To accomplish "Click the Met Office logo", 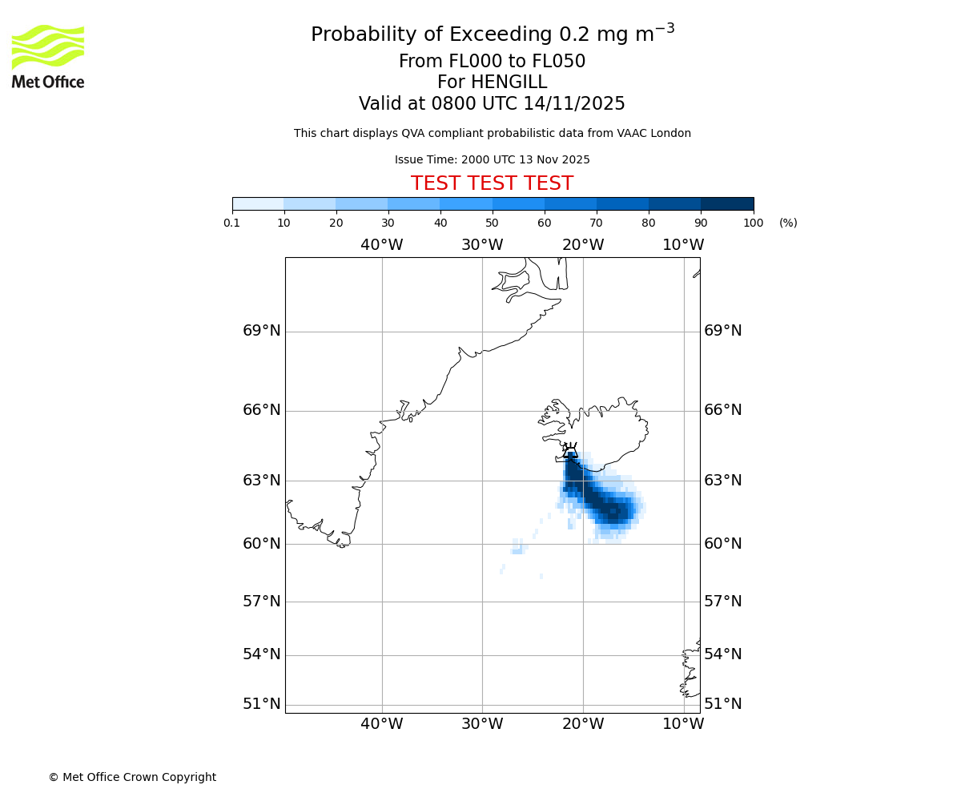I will click(x=48, y=56).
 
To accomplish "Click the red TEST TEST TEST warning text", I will click(x=492, y=184).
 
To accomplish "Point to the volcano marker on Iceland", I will click(x=570, y=451).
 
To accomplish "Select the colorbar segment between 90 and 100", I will click(x=727, y=203).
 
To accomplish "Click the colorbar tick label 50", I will click(x=492, y=223).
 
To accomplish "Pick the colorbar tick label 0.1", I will click(x=231, y=223).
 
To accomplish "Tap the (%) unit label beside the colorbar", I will click(x=788, y=223).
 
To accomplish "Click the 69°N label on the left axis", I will click(x=262, y=331).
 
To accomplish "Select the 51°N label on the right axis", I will click(x=722, y=704).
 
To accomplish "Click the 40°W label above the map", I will click(x=381, y=245).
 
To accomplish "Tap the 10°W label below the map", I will click(x=683, y=724).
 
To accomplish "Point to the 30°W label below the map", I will click(x=482, y=724).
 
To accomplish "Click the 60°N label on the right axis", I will click(x=722, y=544).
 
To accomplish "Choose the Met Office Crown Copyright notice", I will click(x=132, y=778).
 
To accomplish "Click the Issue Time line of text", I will click(x=492, y=160).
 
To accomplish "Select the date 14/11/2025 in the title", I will click(x=574, y=104).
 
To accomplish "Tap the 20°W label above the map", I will click(x=583, y=245).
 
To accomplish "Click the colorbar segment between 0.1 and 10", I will click(x=258, y=203).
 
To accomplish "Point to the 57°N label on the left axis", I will click(x=262, y=602).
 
